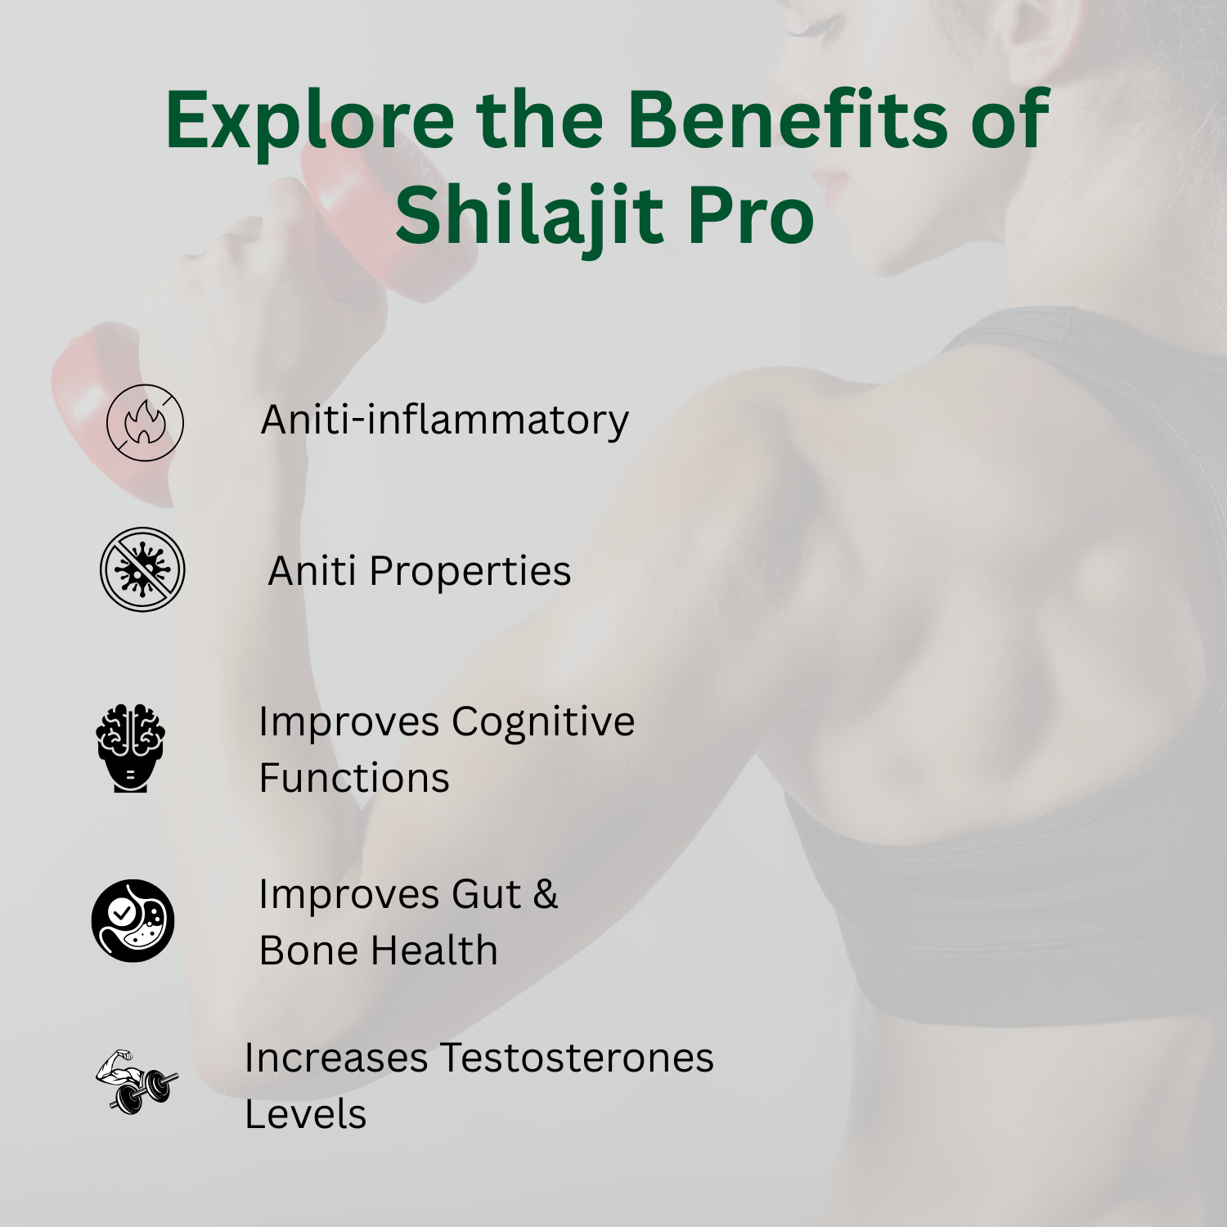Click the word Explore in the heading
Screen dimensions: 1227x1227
click(310, 121)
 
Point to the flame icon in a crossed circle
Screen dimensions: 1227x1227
click(145, 423)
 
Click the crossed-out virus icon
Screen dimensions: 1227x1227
click(142, 569)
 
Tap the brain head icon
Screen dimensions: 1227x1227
click(131, 748)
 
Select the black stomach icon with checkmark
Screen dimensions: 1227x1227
click(133, 920)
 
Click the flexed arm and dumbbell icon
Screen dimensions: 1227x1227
click(137, 1081)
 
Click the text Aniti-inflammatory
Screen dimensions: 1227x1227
click(445, 421)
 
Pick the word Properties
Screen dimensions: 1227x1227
click(470, 572)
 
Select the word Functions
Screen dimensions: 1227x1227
click(354, 778)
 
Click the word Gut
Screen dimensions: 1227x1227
click(487, 894)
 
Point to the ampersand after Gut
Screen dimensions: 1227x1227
click(546, 894)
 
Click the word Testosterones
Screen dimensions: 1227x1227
click(578, 1058)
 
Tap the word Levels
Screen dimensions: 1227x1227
click(306, 1114)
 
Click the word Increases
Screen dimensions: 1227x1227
click(336, 1058)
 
